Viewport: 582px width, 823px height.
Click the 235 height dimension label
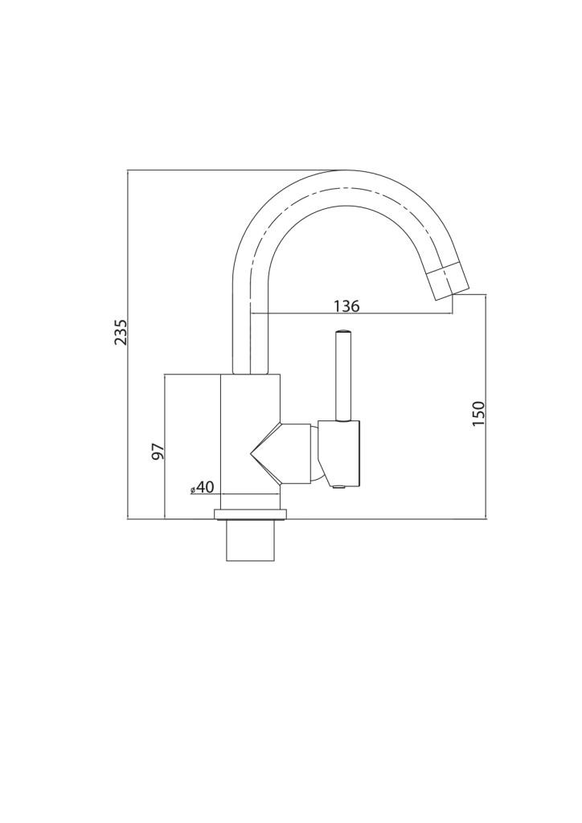point(121,332)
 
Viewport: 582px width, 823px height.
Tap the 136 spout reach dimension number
point(347,306)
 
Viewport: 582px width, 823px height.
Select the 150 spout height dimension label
point(478,413)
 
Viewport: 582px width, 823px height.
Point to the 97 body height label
point(158,452)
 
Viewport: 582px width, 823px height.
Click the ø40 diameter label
point(202,488)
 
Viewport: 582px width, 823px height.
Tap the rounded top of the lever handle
point(342,332)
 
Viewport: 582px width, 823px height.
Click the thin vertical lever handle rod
point(342,376)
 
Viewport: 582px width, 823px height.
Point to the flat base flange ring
point(250,514)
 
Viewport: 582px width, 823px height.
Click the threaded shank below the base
point(250,541)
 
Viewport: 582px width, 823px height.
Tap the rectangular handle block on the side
point(341,452)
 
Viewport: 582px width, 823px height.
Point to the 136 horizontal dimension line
point(353,314)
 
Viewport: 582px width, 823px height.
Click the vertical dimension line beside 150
point(486,407)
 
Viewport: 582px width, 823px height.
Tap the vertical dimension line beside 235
point(128,345)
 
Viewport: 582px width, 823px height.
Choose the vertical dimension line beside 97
point(166,447)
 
